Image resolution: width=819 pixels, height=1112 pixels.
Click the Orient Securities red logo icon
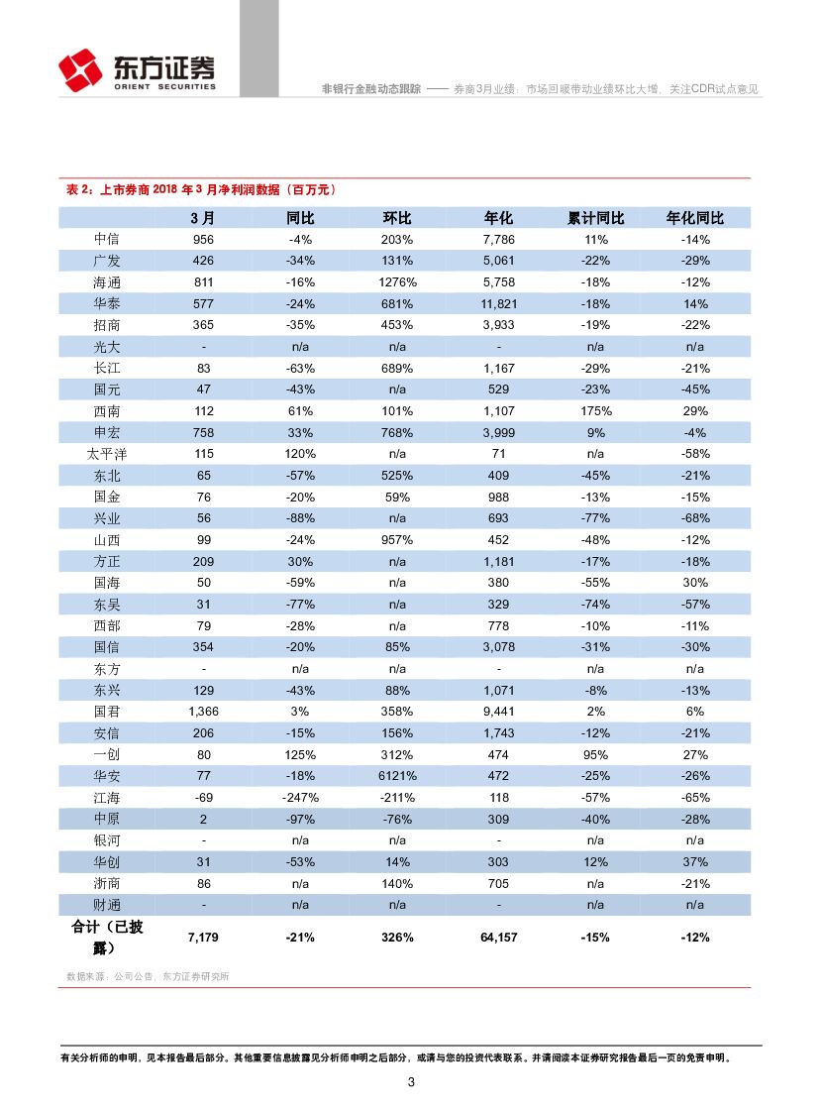tap(80, 68)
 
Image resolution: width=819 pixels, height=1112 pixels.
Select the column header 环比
tap(397, 218)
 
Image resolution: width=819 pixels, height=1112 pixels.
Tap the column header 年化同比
tap(694, 218)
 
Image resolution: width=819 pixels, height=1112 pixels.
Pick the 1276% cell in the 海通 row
tap(397, 282)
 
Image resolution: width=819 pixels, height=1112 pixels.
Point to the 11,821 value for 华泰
tap(498, 304)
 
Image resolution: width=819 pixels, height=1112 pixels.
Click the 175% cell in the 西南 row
tap(595, 411)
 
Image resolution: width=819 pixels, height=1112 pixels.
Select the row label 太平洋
tap(106, 454)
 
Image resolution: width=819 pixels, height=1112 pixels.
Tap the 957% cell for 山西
tap(397, 540)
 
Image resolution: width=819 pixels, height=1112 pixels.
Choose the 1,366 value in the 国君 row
tap(202, 712)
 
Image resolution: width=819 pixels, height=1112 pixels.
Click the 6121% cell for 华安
tap(397, 776)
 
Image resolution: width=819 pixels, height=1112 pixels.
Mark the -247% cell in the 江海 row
tap(300, 798)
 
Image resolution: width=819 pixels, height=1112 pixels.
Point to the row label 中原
tap(106, 819)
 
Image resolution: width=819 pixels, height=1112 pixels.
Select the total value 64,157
tap(498, 938)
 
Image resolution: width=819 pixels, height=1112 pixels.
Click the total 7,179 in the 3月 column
tap(202, 938)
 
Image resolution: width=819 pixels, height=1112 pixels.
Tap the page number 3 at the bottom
tap(411, 1082)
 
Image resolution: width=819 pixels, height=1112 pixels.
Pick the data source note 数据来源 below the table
tap(148, 976)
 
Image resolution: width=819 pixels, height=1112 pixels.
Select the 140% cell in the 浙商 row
tap(397, 883)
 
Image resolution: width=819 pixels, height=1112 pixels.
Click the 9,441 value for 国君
tap(498, 712)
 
